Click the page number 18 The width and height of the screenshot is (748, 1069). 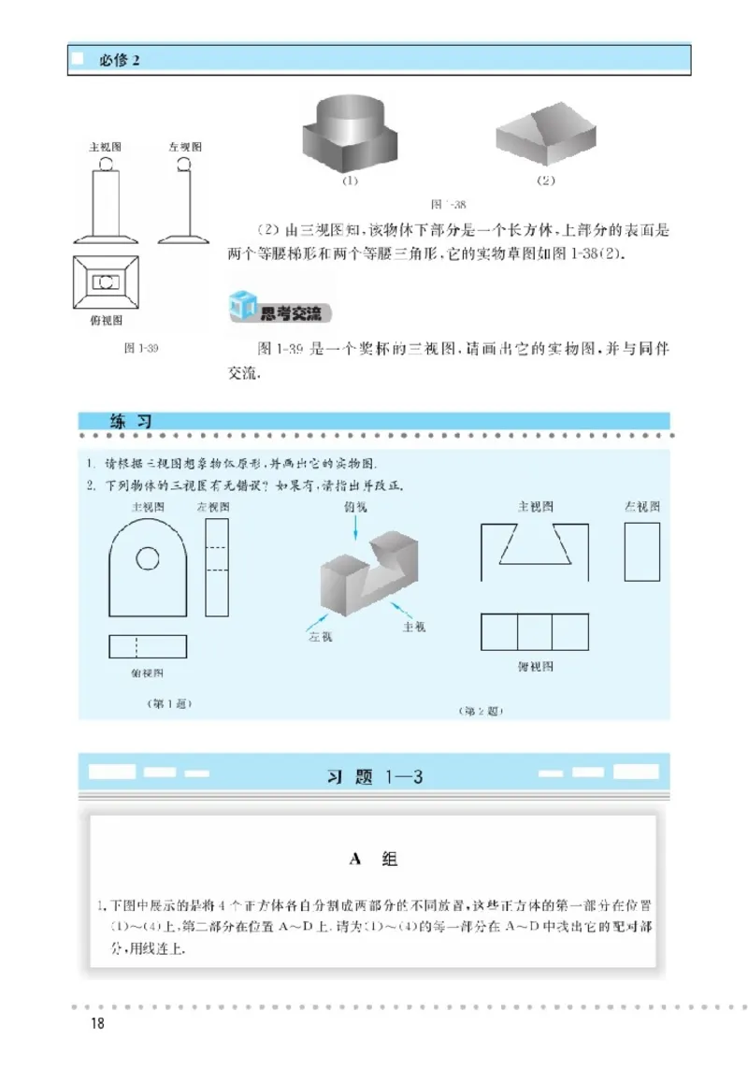95,1023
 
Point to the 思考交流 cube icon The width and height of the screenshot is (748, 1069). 241,306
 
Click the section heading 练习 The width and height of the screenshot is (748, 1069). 132,422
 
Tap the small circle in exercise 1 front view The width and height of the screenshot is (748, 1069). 147,558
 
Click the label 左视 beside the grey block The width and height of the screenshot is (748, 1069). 321,637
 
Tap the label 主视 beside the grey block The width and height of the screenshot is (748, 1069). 413,626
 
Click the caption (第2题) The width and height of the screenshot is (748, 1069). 482,711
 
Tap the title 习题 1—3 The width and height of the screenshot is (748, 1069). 374,776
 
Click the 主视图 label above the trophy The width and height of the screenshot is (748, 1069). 106,148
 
